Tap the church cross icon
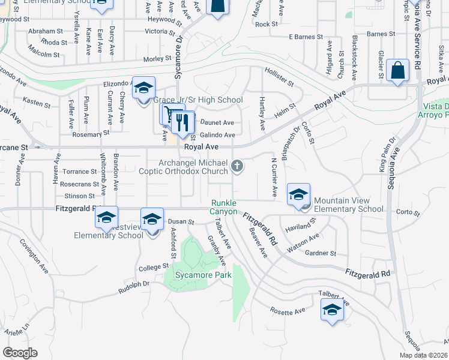click(238, 166)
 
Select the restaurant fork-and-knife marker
click(182, 123)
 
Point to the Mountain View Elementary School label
click(348, 205)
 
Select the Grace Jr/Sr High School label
click(197, 100)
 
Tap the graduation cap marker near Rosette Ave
click(331, 310)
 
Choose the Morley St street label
click(157, 59)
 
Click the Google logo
click(20, 353)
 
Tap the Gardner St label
click(321, 253)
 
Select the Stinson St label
click(80, 196)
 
